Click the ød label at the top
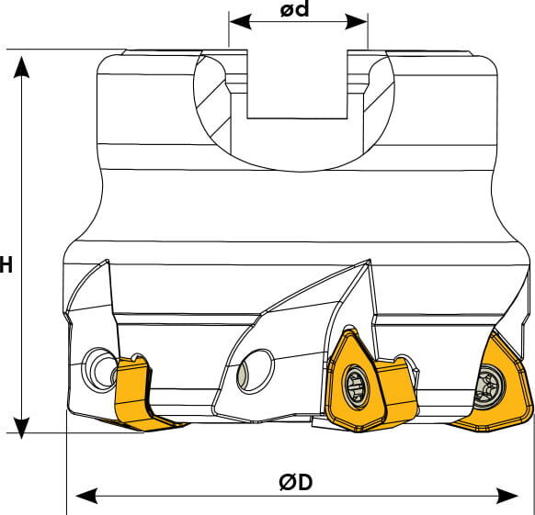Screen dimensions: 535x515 pyautogui.click(x=294, y=9)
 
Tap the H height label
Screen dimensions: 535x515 pyautogui.click(x=6, y=264)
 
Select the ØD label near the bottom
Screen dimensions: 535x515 pyautogui.click(x=295, y=482)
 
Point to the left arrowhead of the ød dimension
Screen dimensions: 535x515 pyautogui.click(x=241, y=22)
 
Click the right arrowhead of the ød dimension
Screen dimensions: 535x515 pyautogui.click(x=357, y=22)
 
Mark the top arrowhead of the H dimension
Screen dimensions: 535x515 pyautogui.click(x=21, y=67)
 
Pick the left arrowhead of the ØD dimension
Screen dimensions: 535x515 pyautogui.click(x=86, y=495)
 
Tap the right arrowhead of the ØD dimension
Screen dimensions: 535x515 pyautogui.click(x=507, y=495)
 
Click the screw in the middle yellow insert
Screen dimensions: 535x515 pyautogui.click(x=357, y=386)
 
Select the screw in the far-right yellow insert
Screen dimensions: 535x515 pyautogui.click(x=489, y=386)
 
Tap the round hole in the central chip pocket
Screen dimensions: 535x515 pyautogui.click(x=256, y=371)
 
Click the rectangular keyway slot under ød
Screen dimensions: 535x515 pyautogui.click(x=297, y=84)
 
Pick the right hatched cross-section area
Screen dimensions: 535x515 pyautogui.click(x=379, y=102)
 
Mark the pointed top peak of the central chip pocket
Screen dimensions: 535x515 pyautogui.click(x=370, y=260)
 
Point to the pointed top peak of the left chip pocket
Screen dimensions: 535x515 pyautogui.click(x=108, y=261)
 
